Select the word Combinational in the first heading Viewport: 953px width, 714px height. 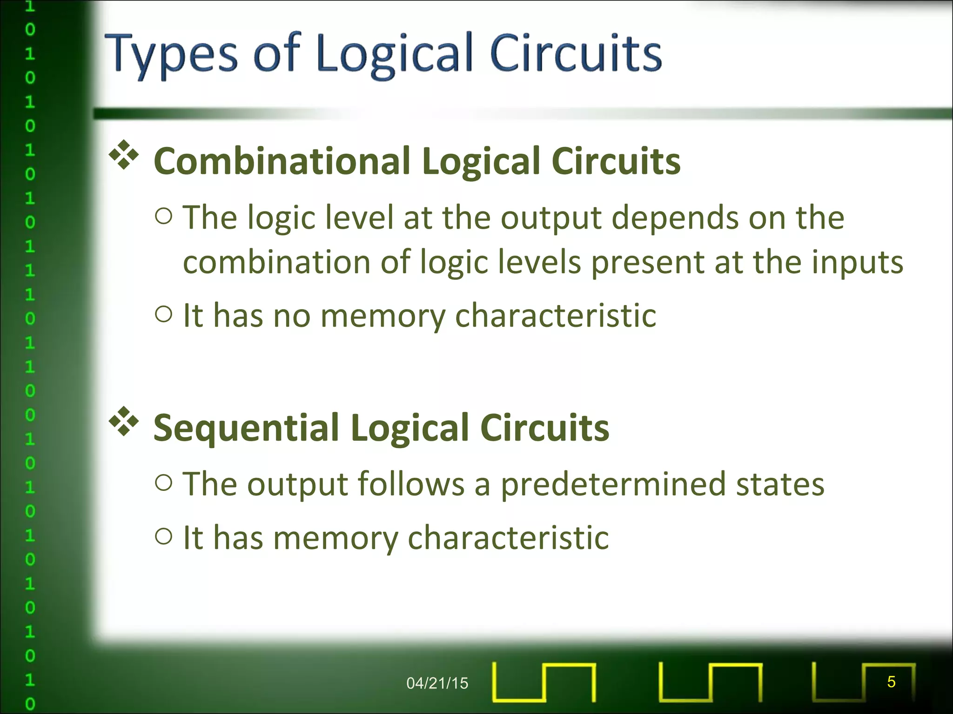282,161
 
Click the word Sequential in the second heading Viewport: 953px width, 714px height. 246,428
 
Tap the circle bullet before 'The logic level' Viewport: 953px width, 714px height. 163,216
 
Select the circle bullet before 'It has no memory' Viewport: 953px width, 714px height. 163,314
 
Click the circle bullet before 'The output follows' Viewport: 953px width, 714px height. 163,483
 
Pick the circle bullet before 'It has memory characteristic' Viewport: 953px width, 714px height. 163,536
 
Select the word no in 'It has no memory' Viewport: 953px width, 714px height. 292,316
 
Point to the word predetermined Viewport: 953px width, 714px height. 613,484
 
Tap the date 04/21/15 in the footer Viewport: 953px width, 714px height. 437,683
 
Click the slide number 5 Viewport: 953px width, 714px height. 891,682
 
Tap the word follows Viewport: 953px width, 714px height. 411,484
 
